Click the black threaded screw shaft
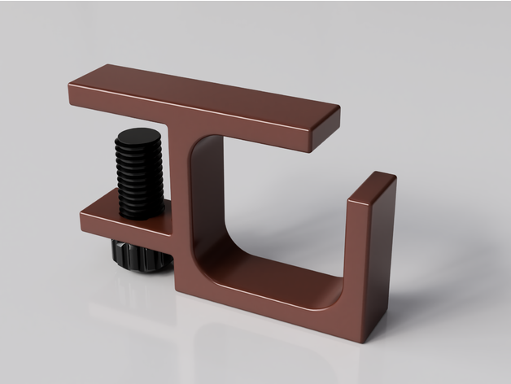(x=143, y=181)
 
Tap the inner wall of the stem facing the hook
(x=209, y=195)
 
